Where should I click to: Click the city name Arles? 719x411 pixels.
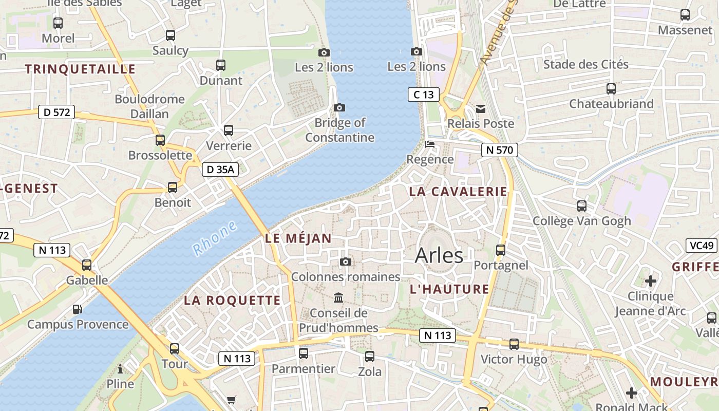pos(439,255)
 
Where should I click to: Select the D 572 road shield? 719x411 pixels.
pos(56,112)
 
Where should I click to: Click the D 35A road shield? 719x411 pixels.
pos(220,170)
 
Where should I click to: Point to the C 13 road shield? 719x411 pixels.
pos(424,95)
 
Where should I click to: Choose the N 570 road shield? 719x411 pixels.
pos(499,151)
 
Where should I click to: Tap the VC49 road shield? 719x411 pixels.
pos(701,246)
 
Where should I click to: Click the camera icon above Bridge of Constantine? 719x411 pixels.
pos(339,107)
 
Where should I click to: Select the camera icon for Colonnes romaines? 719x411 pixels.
pos(346,262)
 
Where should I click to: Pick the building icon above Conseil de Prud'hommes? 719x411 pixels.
pos(338,297)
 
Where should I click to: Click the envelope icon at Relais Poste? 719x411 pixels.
pos(481,108)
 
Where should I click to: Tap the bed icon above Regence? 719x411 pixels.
pos(430,144)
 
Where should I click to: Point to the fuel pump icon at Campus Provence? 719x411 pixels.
pos(77,309)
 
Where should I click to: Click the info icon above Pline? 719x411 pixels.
pos(120,369)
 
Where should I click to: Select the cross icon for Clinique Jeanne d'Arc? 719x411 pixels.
pos(651,281)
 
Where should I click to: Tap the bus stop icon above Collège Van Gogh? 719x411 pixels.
pos(582,206)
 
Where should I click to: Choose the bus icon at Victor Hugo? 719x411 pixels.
pos(514,344)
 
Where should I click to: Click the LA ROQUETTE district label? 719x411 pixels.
pos(232,301)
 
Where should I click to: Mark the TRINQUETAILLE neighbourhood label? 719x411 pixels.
pos(80,69)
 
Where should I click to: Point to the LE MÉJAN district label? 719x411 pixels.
pos(298,238)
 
